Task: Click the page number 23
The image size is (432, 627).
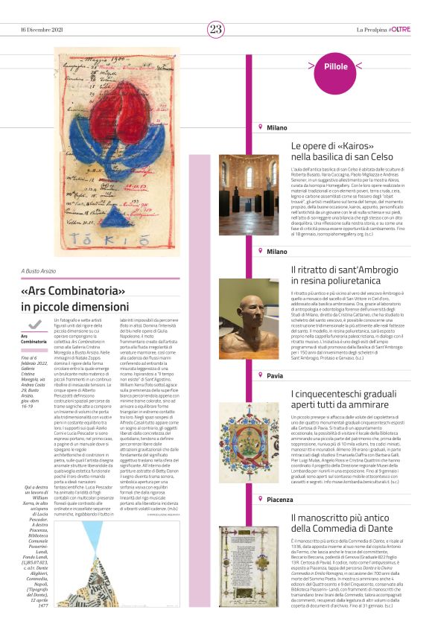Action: (x=215, y=29)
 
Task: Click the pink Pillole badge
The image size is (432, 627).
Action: (x=336, y=67)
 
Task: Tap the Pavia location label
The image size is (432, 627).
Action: (x=275, y=376)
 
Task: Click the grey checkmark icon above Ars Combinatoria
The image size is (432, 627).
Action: (x=32, y=325)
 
